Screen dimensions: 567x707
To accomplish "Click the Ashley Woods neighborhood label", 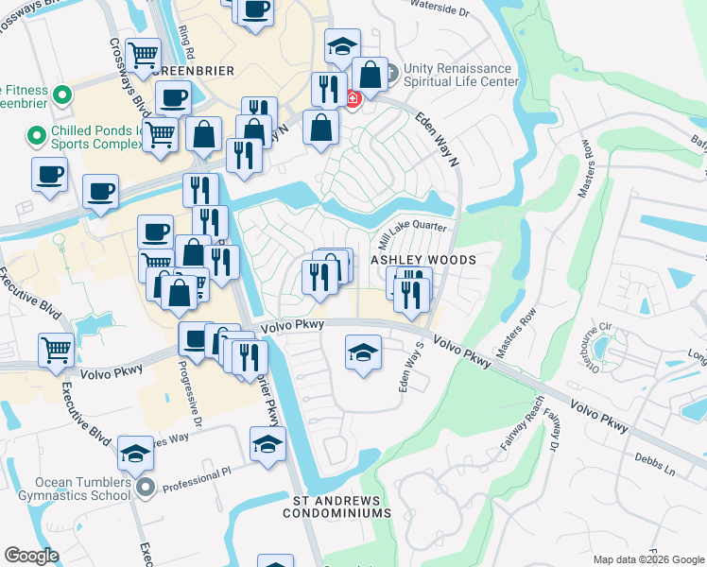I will pos(422,259).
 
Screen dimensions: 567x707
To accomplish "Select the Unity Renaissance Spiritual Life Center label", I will pos(461,76).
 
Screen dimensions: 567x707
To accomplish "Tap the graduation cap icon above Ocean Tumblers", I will pos(135,454).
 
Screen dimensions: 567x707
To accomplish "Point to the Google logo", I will pos(32,556).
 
